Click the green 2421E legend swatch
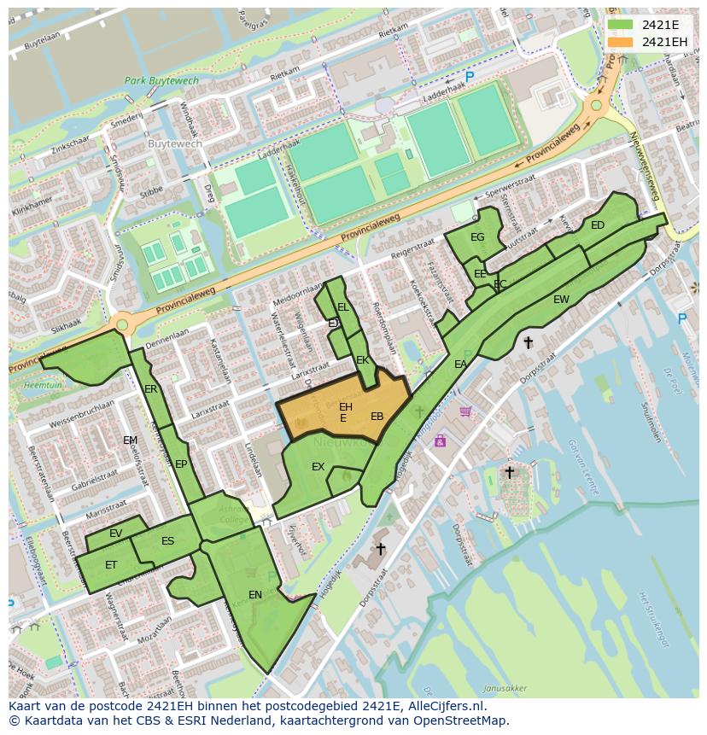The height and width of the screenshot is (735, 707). point(621,24)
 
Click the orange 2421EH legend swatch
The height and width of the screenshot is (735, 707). point(621,42)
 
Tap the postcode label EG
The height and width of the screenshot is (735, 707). point(477,237)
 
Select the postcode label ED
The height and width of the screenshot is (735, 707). point(598,225)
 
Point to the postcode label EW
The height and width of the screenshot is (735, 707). point(561,300)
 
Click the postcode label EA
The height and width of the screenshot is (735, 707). point(460,365)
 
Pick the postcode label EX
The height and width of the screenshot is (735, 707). point(318,467)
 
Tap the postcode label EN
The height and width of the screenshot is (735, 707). point(255,594)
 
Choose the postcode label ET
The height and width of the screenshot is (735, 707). point(111,565)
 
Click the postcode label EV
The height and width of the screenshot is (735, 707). point(116,534)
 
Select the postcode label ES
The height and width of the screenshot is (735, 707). point(167,541)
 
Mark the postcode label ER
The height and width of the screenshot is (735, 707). point(151,389)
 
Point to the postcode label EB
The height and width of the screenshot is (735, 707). point(377,417)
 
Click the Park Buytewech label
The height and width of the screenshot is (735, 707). point(161,81)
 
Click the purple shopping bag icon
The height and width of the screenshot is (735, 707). point(440,440)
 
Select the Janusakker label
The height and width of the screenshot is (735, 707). point(504,688)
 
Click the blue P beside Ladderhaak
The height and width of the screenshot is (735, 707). point(469,77)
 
